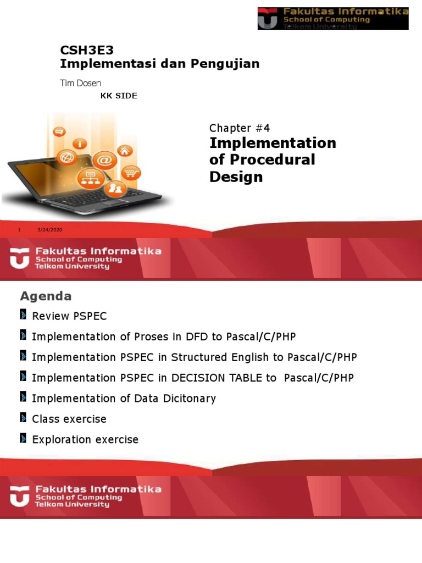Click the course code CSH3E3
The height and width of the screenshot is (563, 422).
coord(87,51)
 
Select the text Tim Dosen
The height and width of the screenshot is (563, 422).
coord(80,83)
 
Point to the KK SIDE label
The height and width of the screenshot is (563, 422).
coord(119,96)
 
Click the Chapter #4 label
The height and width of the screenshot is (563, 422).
coord(240,128)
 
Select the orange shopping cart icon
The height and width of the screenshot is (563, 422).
coord(130,172)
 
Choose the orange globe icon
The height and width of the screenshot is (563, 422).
coord(67,158)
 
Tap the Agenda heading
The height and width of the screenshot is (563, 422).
coord(46,296)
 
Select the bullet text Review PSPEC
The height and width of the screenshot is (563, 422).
coord(69,316)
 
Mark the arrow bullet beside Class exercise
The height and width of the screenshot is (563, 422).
coord(23,418)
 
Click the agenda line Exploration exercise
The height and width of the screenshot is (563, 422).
coord(85,439)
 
